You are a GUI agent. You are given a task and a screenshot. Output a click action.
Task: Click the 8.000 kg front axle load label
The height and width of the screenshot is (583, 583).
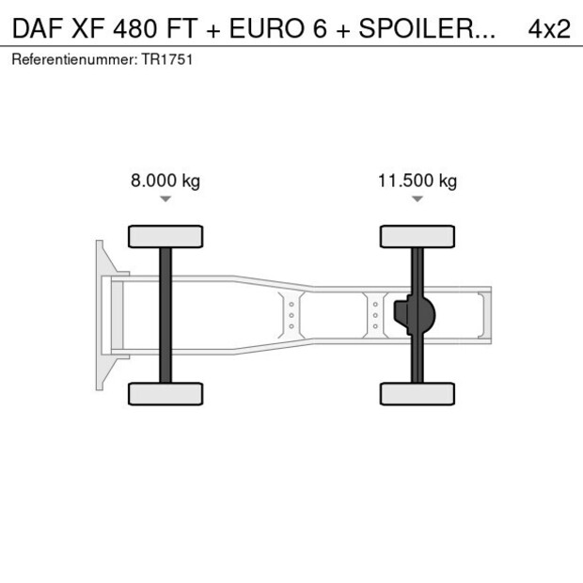[165, 181]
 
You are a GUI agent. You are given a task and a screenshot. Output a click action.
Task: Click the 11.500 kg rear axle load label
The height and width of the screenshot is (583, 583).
[417, 181]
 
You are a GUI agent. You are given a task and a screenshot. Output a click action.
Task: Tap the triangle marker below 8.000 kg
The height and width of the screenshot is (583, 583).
[165, 199]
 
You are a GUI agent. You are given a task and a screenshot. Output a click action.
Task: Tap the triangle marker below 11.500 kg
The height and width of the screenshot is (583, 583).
[417, 199]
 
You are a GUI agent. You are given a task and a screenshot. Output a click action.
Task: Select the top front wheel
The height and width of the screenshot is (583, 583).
[165, 236]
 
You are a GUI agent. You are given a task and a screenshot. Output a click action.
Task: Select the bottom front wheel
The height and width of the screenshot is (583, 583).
[165, 394]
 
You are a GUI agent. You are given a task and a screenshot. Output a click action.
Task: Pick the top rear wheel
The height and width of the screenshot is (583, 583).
[417, 236]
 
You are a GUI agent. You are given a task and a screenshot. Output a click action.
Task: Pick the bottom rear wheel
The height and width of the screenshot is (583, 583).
[417, 394]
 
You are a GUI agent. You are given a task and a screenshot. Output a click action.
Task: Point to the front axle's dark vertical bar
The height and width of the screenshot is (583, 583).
[165, 315]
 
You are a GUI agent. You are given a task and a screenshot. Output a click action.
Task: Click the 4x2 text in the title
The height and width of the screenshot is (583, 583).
[549, 29]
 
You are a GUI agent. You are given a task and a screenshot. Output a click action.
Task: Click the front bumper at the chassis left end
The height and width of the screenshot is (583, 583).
[100, 315]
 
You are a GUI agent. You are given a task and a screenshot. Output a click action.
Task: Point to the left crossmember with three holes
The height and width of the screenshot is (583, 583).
[291, 315]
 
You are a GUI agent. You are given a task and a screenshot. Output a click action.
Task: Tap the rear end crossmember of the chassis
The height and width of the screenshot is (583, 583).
[484, 315]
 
